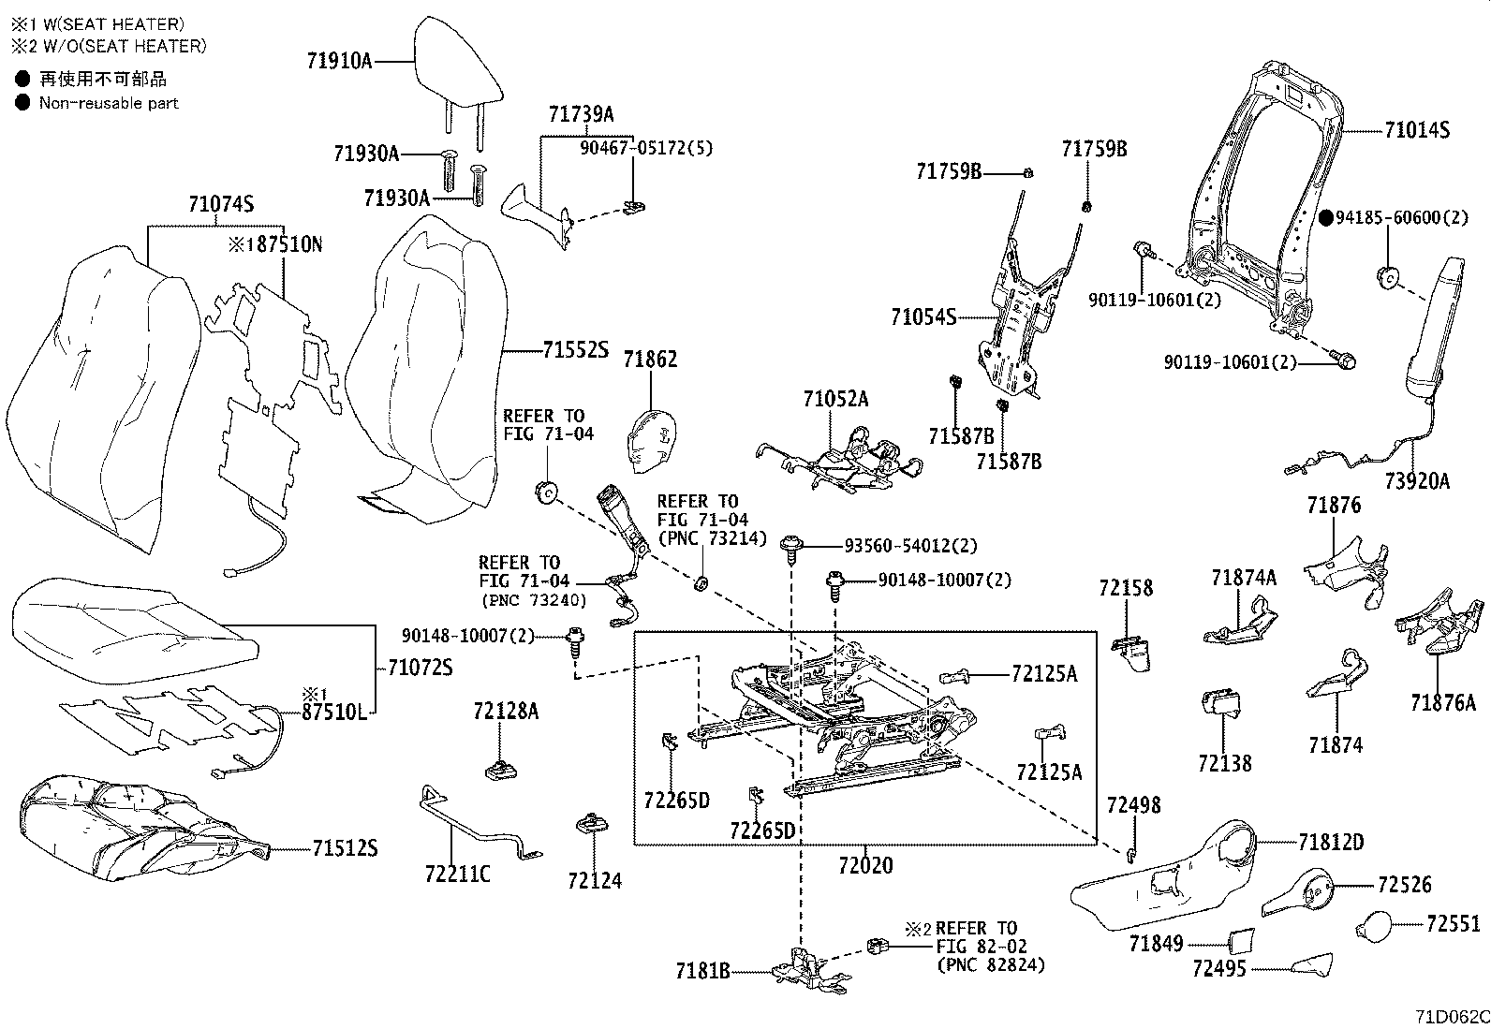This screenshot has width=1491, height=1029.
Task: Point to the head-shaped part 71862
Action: [x=652, y=437]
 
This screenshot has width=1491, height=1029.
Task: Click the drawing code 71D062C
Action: [x=1451, y=1017]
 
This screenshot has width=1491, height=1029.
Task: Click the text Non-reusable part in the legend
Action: [x=109, y=103]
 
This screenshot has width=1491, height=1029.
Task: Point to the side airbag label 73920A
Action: [x=1416, y=481]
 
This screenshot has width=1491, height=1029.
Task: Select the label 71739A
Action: [x=581, y=114]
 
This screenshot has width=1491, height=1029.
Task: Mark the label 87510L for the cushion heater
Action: [x=332, y=712]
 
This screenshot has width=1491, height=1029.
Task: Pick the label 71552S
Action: [x=575, y=351]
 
